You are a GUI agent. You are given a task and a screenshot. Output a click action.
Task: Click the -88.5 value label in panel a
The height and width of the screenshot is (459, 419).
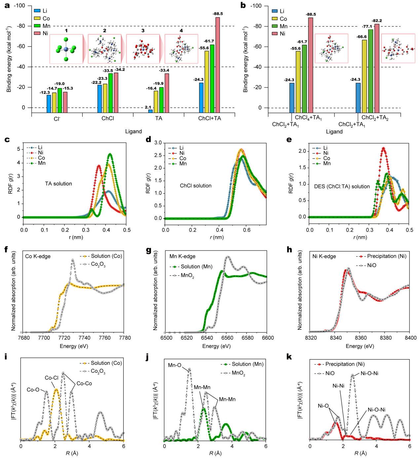point(218,14)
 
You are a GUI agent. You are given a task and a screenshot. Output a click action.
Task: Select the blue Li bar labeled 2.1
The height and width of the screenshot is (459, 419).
point(150,111)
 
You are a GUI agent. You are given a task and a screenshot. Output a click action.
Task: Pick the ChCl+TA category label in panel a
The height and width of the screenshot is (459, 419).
point(209,118)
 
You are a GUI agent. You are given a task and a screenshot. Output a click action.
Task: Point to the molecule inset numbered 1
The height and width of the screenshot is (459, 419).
point(66,49)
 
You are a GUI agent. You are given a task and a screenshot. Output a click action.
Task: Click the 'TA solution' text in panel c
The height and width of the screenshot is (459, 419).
point(58,184)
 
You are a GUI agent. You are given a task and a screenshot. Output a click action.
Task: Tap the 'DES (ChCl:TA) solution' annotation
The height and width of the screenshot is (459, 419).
point(342,187)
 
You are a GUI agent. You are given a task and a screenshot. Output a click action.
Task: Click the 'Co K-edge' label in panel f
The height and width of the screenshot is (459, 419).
point(38,256)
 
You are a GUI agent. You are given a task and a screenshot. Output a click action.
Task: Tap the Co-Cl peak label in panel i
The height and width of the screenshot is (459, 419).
point(52,378)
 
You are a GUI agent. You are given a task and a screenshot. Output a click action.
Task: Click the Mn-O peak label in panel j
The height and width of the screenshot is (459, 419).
point(174,365)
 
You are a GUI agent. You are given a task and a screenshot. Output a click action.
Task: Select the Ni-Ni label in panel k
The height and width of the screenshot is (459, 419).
point(338,386)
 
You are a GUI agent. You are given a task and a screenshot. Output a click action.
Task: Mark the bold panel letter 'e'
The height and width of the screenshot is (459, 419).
point(289,140)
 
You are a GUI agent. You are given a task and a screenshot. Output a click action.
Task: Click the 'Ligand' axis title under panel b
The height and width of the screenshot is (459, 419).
point(334,132)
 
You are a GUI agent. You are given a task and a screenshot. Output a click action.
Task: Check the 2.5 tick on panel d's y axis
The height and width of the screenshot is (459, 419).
point(158,155)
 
